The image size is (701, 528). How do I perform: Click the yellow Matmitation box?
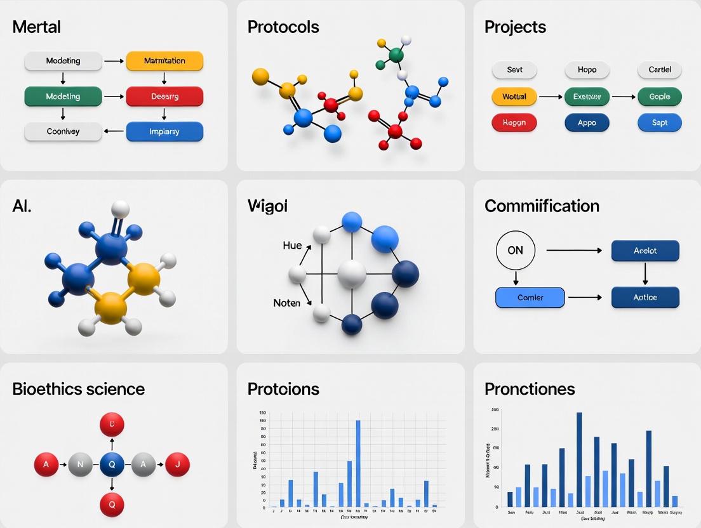coord(164,61)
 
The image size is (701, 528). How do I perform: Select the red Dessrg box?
coord(164,96)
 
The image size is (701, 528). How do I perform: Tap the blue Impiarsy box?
coord(164,131)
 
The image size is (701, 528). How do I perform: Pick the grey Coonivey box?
coord(63,131)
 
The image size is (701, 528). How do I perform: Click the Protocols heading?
coord(283,27)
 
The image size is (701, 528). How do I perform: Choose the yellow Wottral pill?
coord(514,97)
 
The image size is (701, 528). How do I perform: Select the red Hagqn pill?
coord(514,122)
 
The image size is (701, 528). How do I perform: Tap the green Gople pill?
coord(659,97)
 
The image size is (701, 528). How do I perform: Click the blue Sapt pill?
coord(659,122)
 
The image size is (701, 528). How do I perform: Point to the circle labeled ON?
coord(516,251)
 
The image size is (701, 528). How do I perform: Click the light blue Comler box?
coord(530,297)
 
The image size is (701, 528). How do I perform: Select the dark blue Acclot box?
coord(645,251)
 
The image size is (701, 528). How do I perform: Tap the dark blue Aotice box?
coord(645,297)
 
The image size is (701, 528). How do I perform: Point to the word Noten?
coord(286,303)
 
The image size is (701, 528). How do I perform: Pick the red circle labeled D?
coord(112,423)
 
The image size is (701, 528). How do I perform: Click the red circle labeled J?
coord(178,465)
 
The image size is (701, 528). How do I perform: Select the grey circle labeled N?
coord(80,465)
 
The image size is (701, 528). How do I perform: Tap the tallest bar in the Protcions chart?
coord(358,463)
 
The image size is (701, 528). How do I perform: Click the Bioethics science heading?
coord(79,388)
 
